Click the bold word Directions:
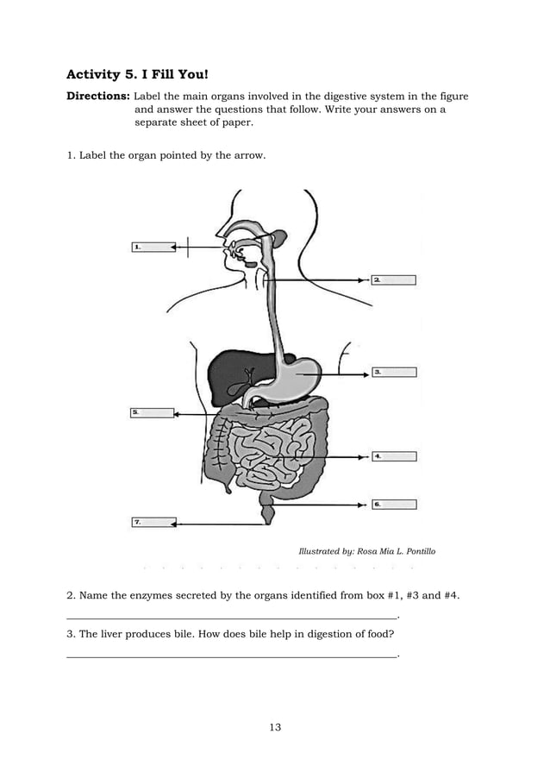tap(98, 96)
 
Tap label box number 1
tap(153, 247)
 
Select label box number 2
tap(394, 279)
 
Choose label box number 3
tap(394, 372)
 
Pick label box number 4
tap(394, 456)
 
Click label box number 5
tap(152, 413)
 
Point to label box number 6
tap(394, 504)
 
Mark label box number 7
tap(153, 522)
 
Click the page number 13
tap(275, 727)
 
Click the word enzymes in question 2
tap(153, 596)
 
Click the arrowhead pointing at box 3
tap(366, 373)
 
